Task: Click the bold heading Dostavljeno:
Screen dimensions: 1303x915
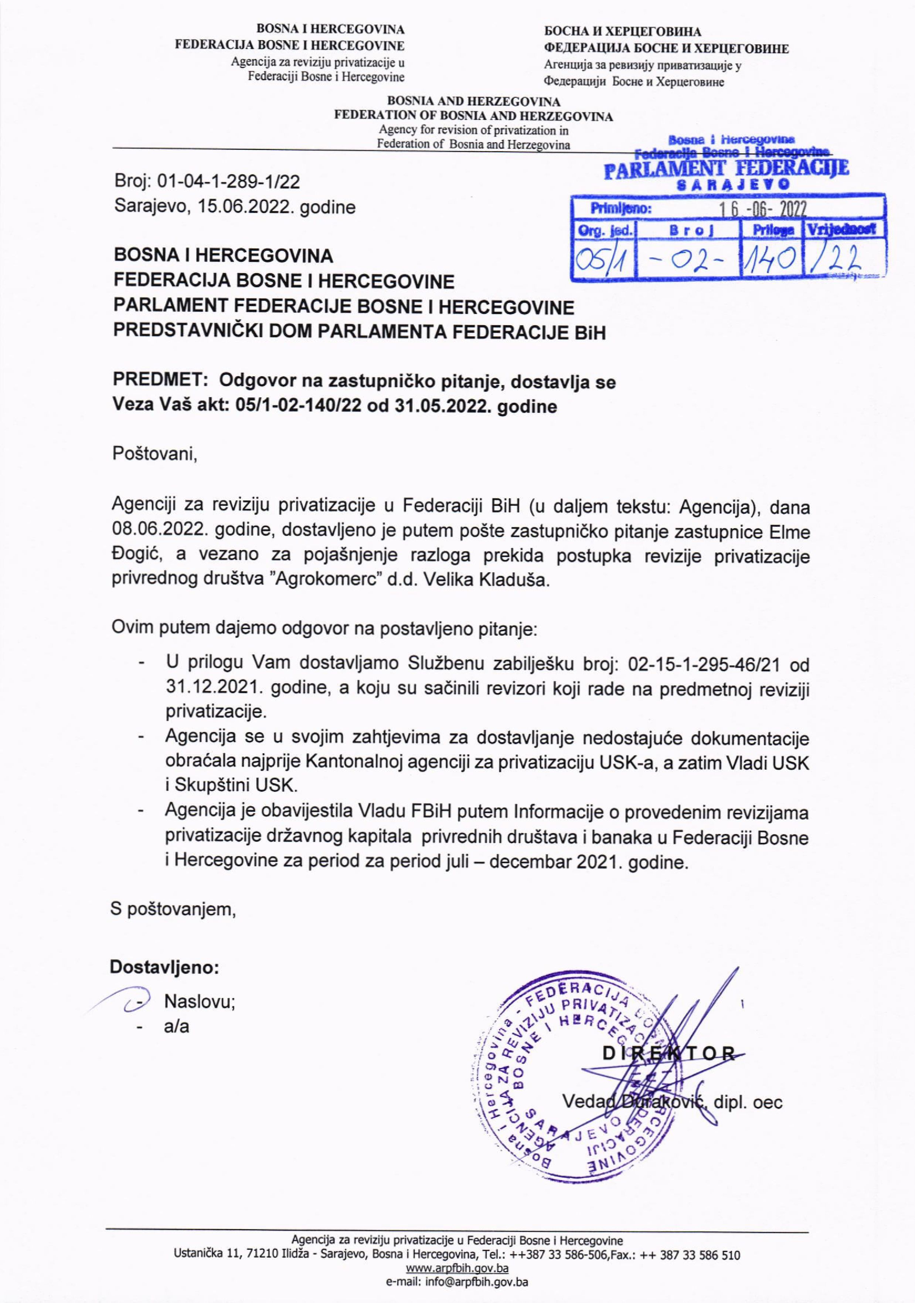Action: pyautogui.click(x=164, y=967)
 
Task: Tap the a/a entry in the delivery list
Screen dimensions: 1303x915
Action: pyautogui.click(x=176, y=1027)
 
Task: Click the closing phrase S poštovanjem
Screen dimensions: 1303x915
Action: pyautogui.click(x=173, y=909)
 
